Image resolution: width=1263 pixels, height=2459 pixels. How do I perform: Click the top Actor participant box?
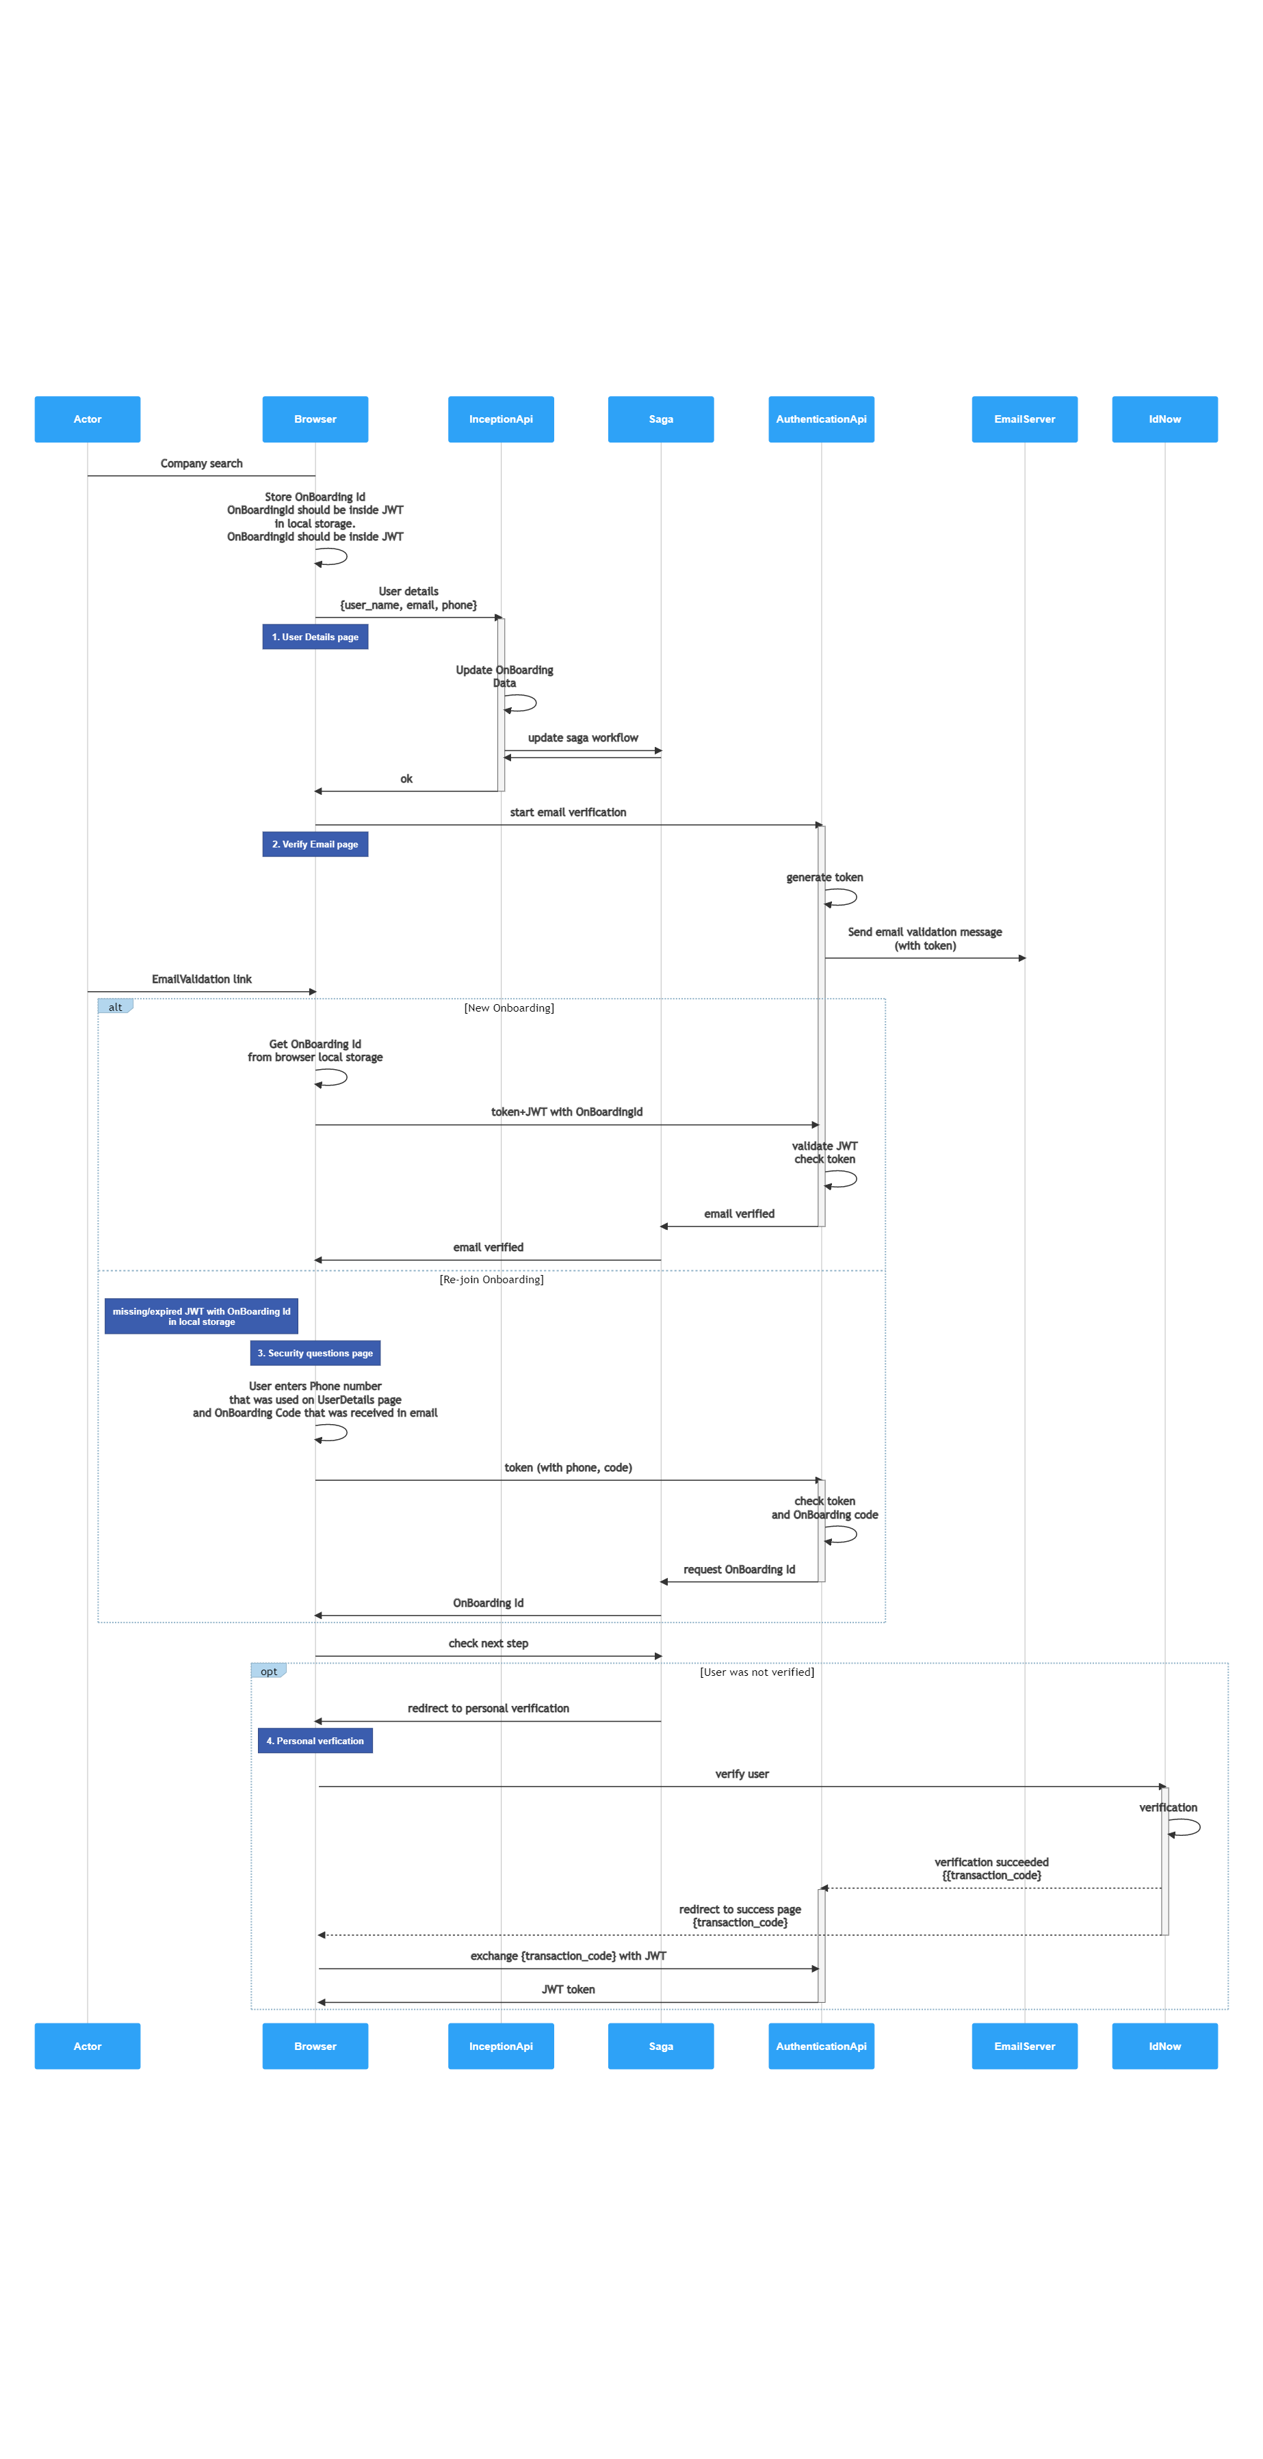coord(87,419)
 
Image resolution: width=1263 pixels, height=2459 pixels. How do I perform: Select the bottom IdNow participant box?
coord(1164,2046)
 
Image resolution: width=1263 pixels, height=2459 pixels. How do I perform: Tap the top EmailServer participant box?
coord(1024,419)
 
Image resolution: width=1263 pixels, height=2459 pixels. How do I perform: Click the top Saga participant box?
coord(661,419)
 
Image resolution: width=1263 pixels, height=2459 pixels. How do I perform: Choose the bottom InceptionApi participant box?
coord(500,2046)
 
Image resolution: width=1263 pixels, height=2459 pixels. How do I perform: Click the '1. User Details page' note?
coord(315,637)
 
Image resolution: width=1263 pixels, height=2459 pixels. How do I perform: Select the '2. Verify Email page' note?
coord(315,844)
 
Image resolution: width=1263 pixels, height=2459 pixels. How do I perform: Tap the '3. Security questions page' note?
coord(315,1353)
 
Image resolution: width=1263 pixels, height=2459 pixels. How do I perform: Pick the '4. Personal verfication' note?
coord(315,1740)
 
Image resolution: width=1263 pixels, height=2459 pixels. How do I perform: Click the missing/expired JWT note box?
coord(201,1315)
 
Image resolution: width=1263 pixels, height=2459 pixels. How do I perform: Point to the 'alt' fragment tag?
coord(114,1006)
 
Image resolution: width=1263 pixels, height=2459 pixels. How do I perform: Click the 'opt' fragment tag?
coord(268,1670)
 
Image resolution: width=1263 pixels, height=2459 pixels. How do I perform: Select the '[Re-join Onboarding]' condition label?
coord(492,1279)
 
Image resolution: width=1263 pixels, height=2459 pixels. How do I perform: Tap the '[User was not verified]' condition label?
coord(757,1672)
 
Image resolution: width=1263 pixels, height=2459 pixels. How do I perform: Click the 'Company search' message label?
coord(201,463)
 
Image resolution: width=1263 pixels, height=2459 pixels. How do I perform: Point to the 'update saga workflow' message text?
coord(584,737)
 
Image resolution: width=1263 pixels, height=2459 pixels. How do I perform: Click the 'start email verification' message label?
coord(568,811)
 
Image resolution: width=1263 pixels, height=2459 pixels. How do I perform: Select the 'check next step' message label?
coord(488,1643)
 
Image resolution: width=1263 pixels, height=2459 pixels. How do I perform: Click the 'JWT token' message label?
coord(568,1989)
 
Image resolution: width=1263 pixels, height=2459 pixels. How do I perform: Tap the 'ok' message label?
coord(406,778)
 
